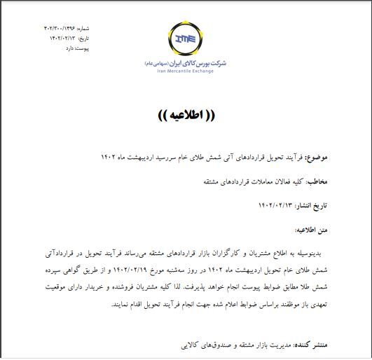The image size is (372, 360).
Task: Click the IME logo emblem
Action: [x=186, y=38]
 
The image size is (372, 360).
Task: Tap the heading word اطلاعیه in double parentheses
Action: [x=185, y=115]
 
